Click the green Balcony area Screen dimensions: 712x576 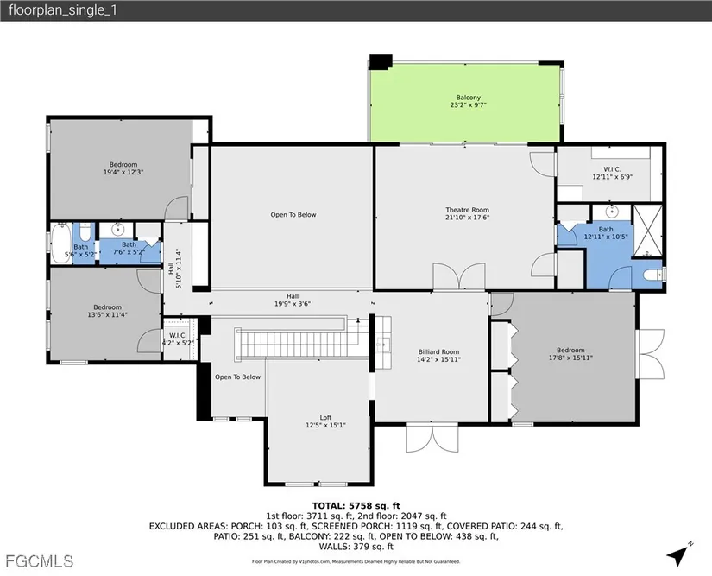(x=465, y=103)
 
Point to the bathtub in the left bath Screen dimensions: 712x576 (x=61, y=243)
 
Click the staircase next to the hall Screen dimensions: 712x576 (x=302, y=344)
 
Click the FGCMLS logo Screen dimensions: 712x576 (x=40, y=561)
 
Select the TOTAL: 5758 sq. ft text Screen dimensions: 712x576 (x=356, y=505)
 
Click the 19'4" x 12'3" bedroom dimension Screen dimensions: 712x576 (x=123, y=172)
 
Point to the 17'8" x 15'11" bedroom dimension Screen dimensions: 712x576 (x=570, y=358)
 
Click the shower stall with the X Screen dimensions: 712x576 (x=648, y=231)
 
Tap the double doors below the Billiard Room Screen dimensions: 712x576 (x=432, y=438)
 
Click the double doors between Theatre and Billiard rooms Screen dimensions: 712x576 (x=458, y=276)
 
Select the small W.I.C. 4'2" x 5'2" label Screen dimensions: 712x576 (x=178, y=339)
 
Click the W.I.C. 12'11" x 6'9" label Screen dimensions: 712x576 (x=612, y=173)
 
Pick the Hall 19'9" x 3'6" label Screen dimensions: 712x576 (x=293, y=301)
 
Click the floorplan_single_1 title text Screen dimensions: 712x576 (x=63, y=10)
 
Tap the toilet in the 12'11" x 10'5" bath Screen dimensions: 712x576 (x=653, y=275)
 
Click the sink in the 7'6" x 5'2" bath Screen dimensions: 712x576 (x=120, y=229)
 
